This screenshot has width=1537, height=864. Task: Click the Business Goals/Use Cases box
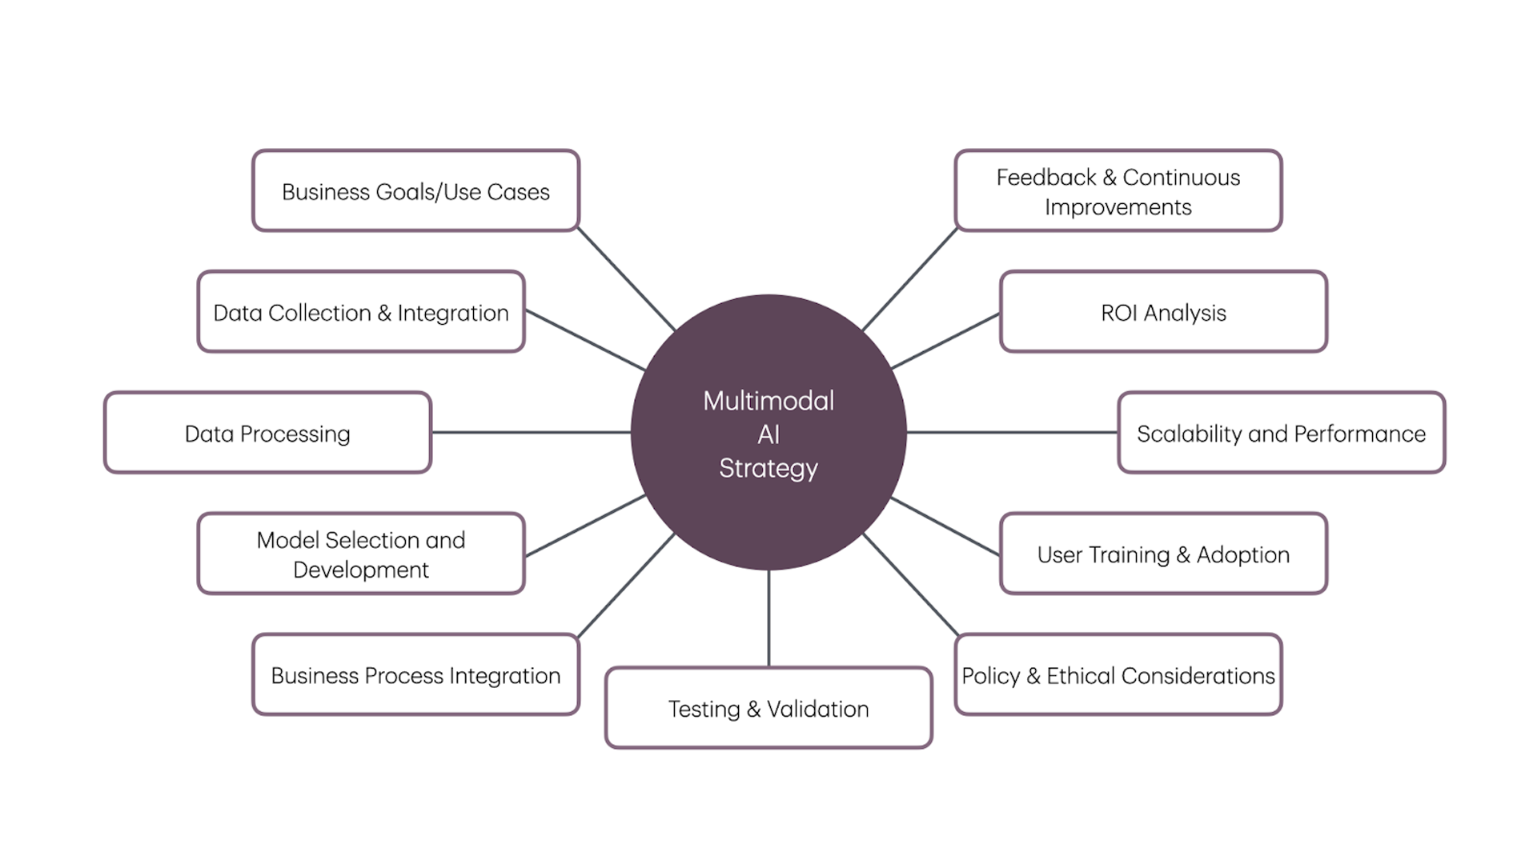pyautogui.click(x=415, y=191)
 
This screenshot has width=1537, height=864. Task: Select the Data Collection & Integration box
pyautogui.click(x=361, y=312)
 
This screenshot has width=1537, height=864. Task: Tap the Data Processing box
pyautogui.click(x=267, y=433)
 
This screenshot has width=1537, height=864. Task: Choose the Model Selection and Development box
pyautogui.click(x=361, y=554)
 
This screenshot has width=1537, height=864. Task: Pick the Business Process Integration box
pyautogui.click(x=415, y=675)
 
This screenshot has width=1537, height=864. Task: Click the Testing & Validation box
pyautogui.click(x=768, y=709)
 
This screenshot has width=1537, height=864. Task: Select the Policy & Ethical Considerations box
pyautogui.click(x=1118, y=675)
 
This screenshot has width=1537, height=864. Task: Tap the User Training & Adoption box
pyautogui.click(x=1163, y=554)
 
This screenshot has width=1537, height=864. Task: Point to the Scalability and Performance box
pyautogui.click(x=1281, y=433)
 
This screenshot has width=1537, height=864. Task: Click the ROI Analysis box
pyautogui.click(x=1163, y=312)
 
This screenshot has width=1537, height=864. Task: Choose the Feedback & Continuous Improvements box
pyautogui.click(x=1118, y=191)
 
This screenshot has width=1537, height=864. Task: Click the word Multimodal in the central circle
pyautogui.click(x=768, y=400)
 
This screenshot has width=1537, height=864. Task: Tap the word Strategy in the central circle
pyautogui.click(x=768, y=468)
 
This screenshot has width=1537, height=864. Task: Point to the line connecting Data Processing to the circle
pyautogui.click(x=531, y=432)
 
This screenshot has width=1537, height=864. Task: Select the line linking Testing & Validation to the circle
pyautogui.click(x=768, y=618)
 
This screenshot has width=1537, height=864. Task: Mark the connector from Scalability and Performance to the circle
pyautogui.click(x=1012, y=432)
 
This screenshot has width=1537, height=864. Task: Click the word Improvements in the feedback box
pyautogui.click(x=1118, y=207)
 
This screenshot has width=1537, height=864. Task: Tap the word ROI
pyautogui.click(x=1119, y=313)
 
